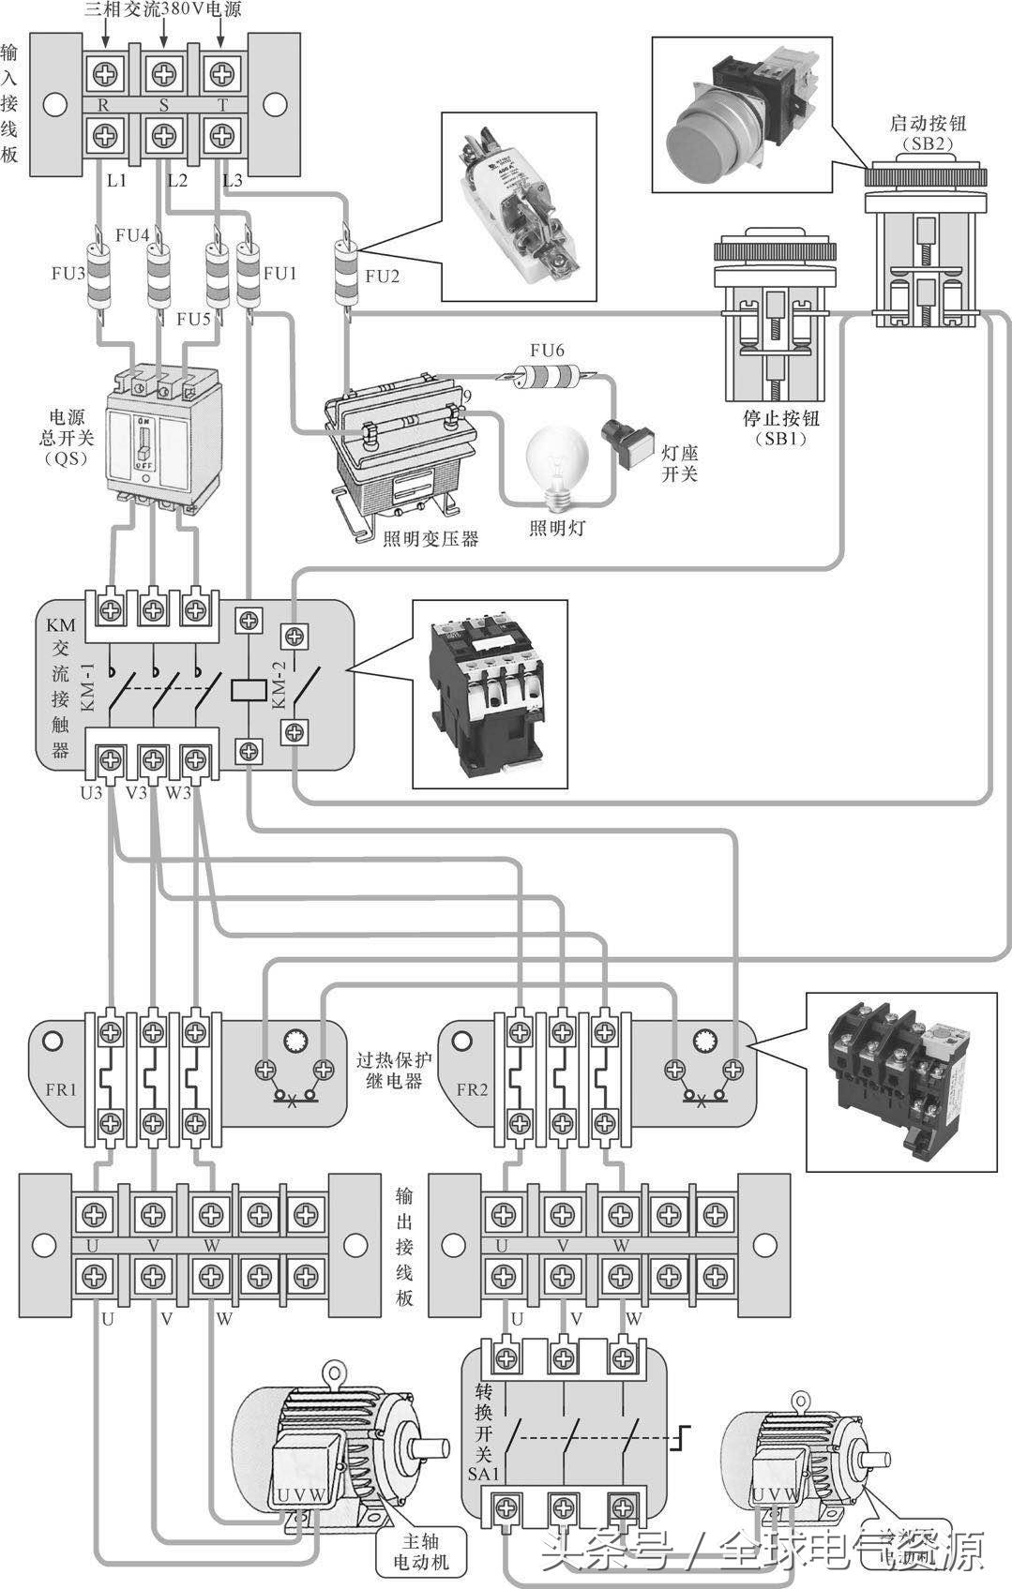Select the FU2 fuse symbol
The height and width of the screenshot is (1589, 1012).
344,273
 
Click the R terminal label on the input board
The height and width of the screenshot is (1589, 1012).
103,105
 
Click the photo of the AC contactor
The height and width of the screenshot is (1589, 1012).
489,694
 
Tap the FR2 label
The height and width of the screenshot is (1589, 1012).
472,1089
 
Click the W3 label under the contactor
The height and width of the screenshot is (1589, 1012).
178,793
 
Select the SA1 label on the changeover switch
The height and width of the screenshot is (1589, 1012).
483,1473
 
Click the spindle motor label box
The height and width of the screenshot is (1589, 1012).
420,1552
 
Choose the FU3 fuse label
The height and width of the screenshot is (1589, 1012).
68,274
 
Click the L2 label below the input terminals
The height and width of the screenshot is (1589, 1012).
177,179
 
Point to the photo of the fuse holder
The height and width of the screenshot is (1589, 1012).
519,207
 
